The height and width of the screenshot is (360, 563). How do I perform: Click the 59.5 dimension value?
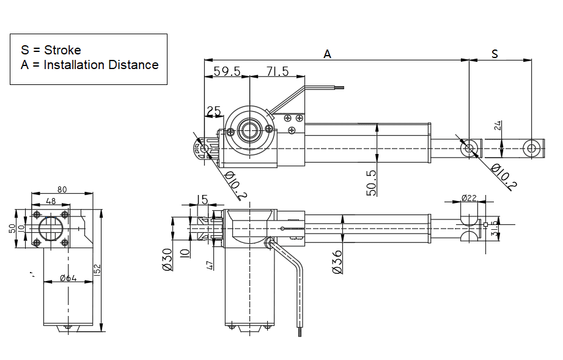227,72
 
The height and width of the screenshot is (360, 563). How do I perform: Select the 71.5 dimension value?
278,72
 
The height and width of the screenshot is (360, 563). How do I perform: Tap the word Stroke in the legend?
62,50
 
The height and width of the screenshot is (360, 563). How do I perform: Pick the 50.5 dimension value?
371,183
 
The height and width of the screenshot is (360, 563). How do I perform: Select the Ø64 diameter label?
68,279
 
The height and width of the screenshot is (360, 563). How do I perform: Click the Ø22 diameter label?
469,198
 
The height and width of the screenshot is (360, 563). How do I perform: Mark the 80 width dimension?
62,189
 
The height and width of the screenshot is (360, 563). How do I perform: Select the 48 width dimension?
51,201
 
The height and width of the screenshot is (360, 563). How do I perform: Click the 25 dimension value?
213,111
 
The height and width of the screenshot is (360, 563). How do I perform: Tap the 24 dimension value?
498,125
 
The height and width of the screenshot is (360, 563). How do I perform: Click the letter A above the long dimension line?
327,54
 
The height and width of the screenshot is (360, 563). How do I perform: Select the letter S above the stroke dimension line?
495,54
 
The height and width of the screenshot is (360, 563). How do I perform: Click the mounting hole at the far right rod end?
532,147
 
